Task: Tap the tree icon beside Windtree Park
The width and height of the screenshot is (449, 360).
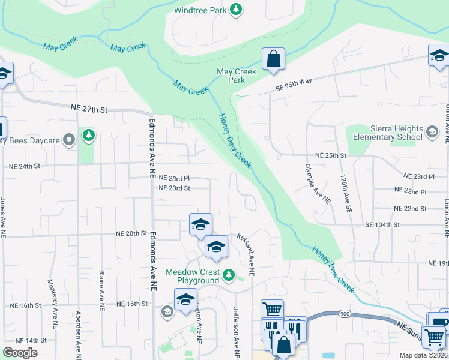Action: tap(237, 9)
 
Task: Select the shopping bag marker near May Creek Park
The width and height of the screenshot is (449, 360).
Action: tap(273, 60)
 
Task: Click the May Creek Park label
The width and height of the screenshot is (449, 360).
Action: tap(237, 76)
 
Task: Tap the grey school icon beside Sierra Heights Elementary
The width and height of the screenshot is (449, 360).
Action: tap(432, 131)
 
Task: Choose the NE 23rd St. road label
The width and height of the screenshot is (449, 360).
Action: tap(175, 188)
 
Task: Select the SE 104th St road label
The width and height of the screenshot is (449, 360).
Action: tap(382, 224)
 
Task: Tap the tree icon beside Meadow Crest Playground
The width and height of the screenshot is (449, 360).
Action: tap(228, 275)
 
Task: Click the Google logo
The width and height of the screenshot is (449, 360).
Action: tap(20, 353)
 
